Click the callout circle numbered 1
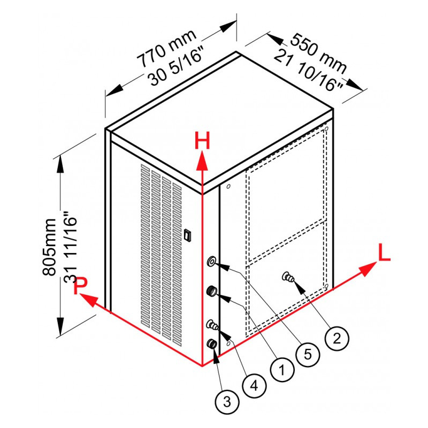pyautogui.click(x=282, y=370)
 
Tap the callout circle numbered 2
pyautogui.click(x=337, y=338)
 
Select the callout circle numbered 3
pyautogui.click(x=227, y=402)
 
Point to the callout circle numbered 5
pyautogui.click(x=308, y=354)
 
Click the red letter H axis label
pyautogui.click(x=202, y=141)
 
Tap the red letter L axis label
pyautogui.click(x=384, y=253)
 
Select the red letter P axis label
pyautogui.click(x=81, y=285)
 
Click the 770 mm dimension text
pyautogui.click(x=166, y=48)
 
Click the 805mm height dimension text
pyautogui.click(x=49, y=247)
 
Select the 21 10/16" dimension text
pyautogui.click(x=308, y=71)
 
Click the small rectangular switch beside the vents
pyautogui.click(x=187, y=235)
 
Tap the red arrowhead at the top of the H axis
pyautogui.click(x=202, y=161)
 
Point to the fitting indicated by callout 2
pyautogui.click(x=288, y=278)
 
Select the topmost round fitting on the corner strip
pyautogui.click(x=212, y=262)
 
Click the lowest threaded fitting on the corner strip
pyautogui.click(x=212, y=343)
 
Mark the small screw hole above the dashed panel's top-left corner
pyautogui.click(x=228, y=186)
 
